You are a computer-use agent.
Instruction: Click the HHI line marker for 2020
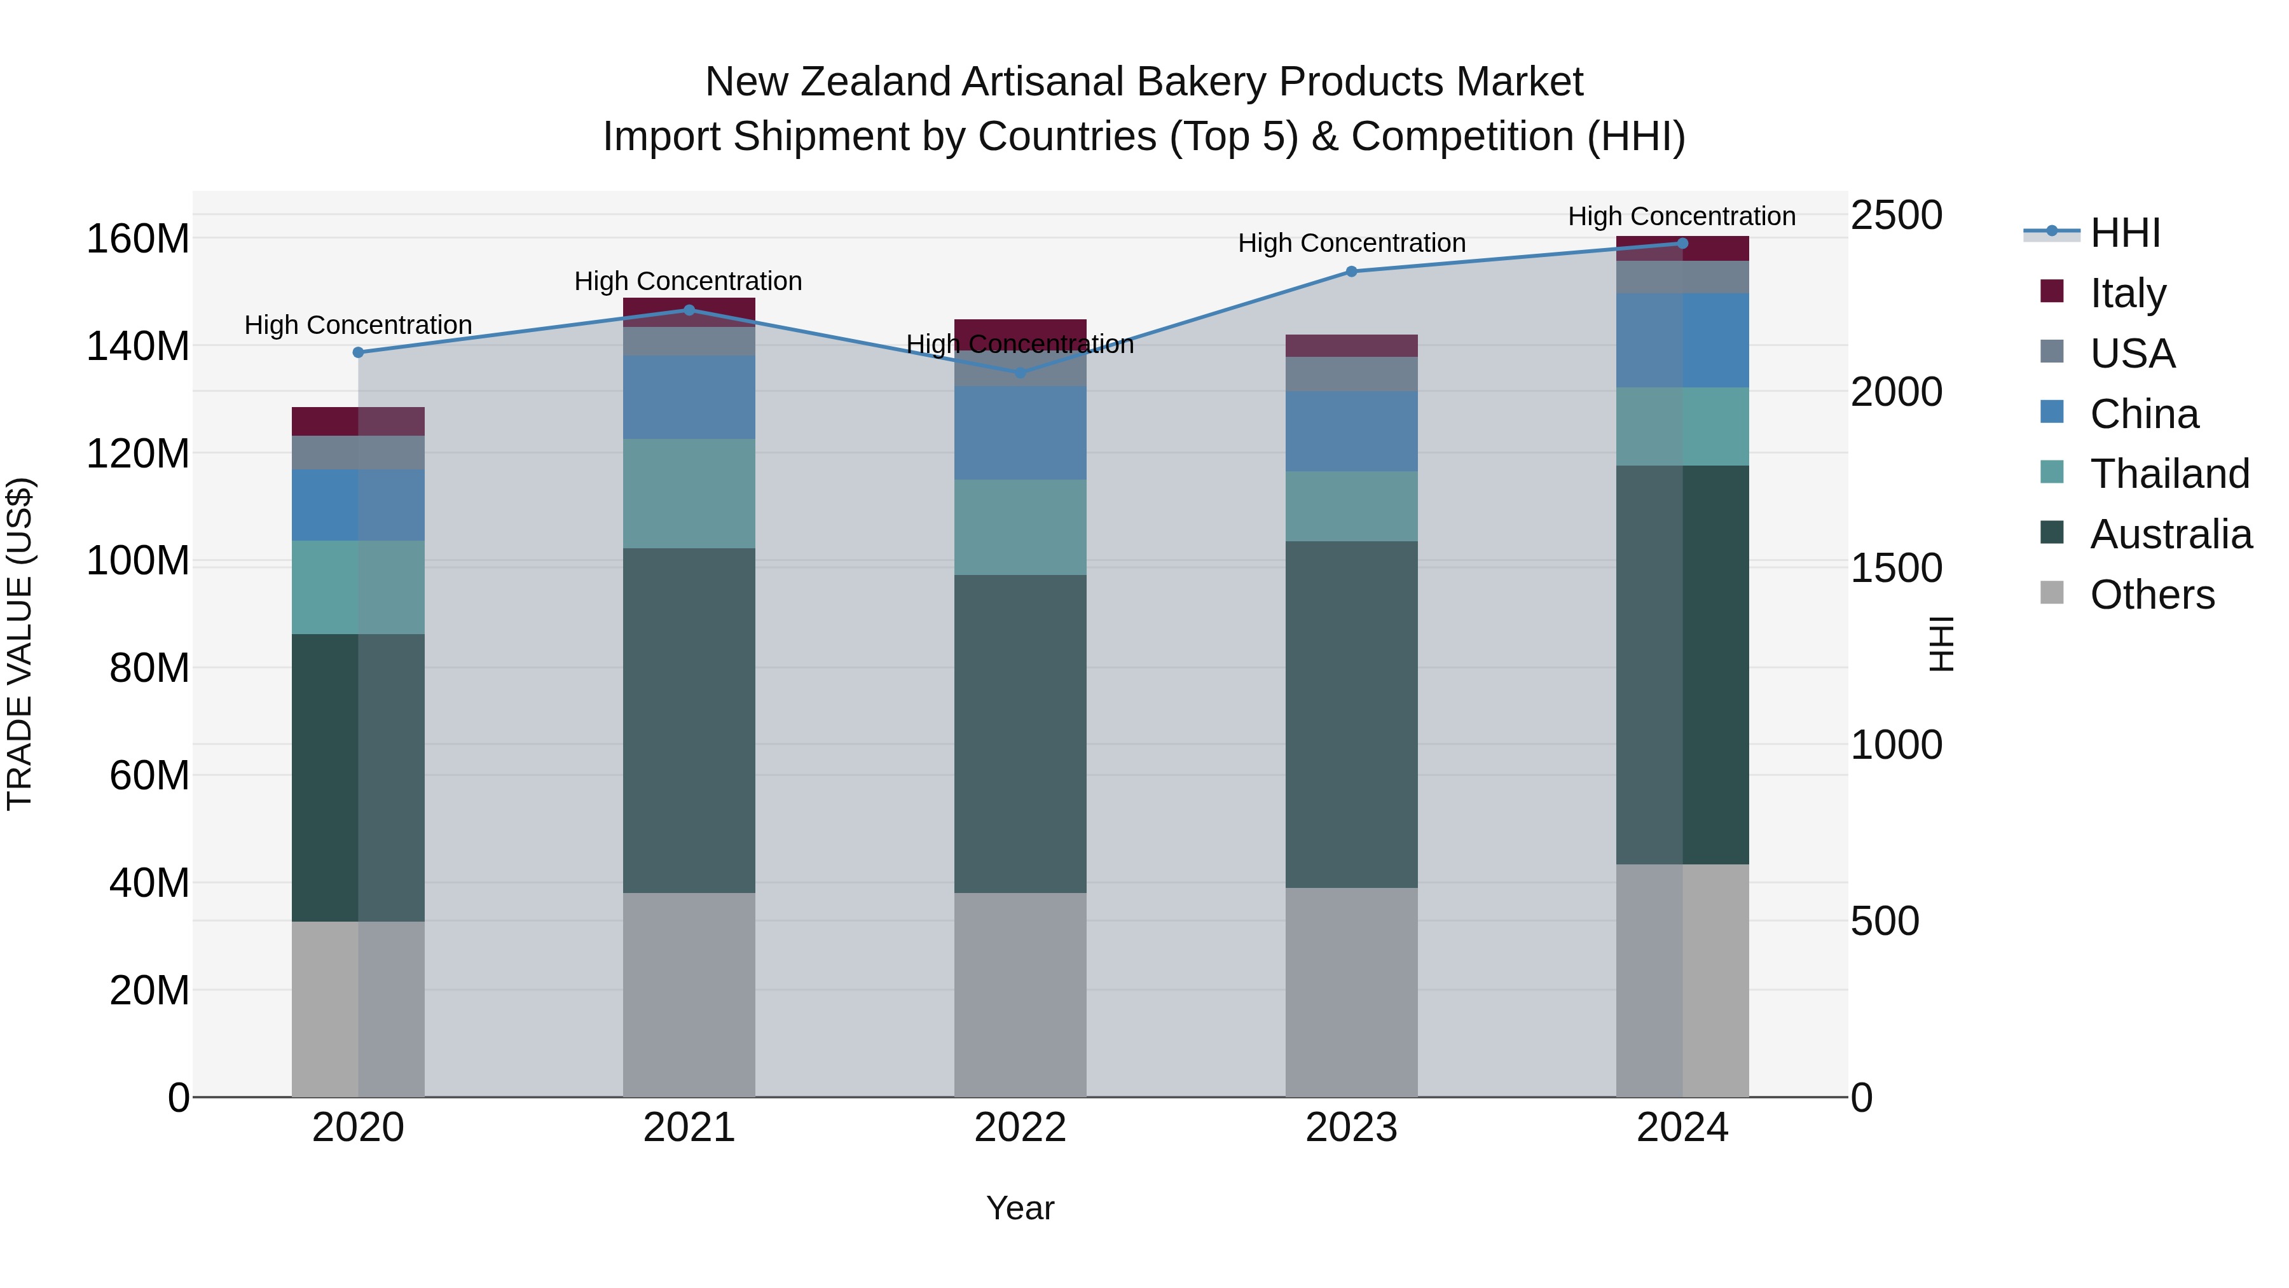coord(358,353)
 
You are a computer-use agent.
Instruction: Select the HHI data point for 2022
coord(1020,373)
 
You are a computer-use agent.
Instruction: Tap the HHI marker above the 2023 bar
coord(1352,271)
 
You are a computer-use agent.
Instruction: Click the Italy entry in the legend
coord(2127,293)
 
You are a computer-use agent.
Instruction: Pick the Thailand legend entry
coord(2169,474)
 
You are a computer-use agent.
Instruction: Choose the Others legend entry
coord(2151,595)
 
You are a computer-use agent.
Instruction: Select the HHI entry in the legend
coord(2124,233)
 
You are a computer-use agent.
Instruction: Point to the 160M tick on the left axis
coord(138,239)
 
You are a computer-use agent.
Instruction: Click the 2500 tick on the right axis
coord(1896,215)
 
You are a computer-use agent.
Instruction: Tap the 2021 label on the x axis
coord(689,1128)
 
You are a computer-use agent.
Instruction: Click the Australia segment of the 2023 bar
coord(1352,715)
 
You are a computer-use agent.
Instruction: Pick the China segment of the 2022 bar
coord(1020,433)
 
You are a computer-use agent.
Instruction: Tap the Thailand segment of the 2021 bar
coord(689,494)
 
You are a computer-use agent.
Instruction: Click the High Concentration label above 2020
coord(358,325)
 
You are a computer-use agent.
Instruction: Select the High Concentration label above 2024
coord(1681,216)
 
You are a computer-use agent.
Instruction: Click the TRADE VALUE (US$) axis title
coord(20,644)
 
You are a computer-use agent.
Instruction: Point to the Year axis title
coord(1020,1208)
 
